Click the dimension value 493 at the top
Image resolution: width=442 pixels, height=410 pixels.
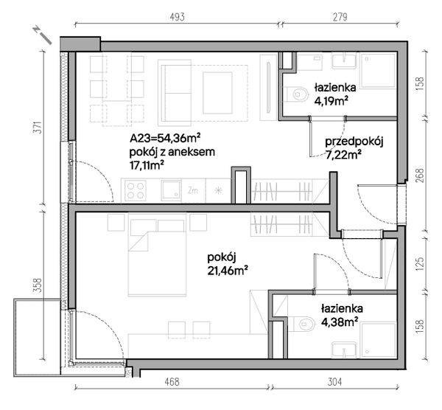pos(178,17)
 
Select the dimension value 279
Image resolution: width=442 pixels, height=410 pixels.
pos(340,17)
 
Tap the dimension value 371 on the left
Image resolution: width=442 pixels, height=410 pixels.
pos(38,128)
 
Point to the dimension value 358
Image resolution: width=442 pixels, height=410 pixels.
pos(38,285)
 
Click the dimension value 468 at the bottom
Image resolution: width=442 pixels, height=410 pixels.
pos(172,382)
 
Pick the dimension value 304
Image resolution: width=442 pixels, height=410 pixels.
pos(335,382)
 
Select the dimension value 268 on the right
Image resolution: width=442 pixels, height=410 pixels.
pos(420,176)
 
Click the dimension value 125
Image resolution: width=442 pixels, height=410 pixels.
pos(420,263)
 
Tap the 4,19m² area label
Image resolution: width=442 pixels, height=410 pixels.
pos(331,101)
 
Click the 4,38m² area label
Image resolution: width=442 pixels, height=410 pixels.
pos(337,322)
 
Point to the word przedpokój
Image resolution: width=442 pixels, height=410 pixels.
pos(354,142)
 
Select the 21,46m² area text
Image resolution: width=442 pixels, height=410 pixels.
pos(228,271)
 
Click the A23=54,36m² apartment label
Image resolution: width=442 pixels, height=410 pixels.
pos(165,139)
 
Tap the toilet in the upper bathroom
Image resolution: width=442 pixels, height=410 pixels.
pos(297,94)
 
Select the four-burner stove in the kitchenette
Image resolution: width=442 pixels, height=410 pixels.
pos(136,190)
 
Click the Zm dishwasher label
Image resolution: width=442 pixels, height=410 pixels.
pos(193,190)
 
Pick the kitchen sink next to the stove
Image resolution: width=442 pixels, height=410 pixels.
pos(171,190)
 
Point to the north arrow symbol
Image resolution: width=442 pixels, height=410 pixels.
pos(43,35)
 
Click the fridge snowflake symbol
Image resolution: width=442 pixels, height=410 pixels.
pos(218,190)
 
